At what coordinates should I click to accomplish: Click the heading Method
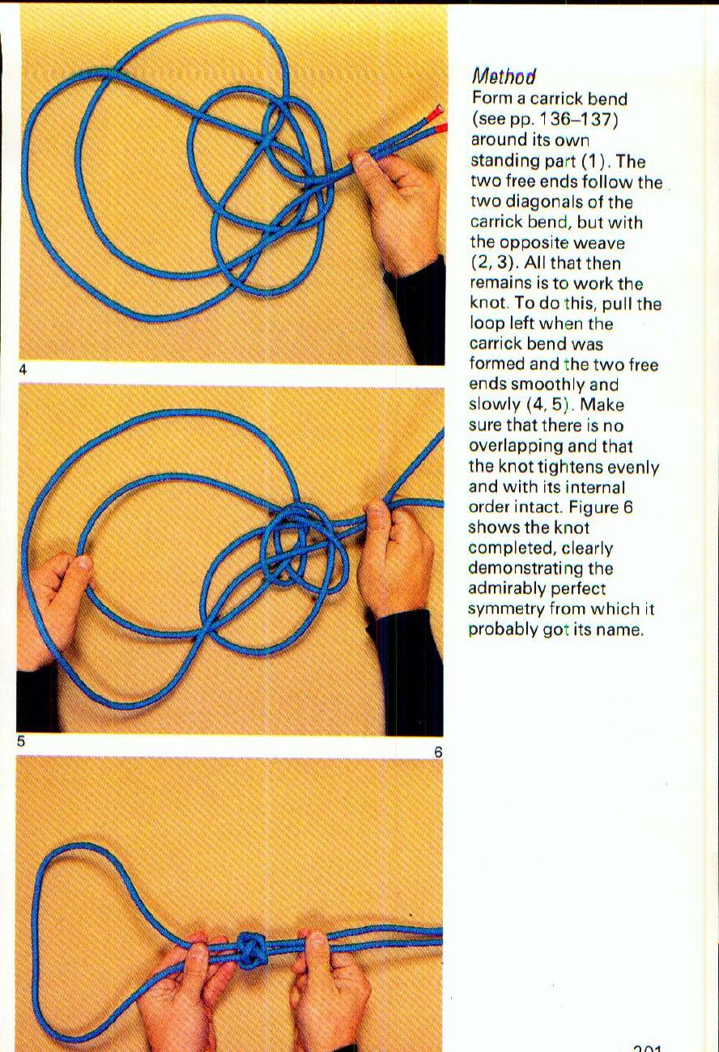[x=503, y=77]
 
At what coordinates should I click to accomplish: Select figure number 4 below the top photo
[x=23, y=370]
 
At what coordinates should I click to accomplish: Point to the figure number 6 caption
[x=438, y=752]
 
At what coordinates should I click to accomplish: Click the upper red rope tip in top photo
[x=436, y=109]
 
